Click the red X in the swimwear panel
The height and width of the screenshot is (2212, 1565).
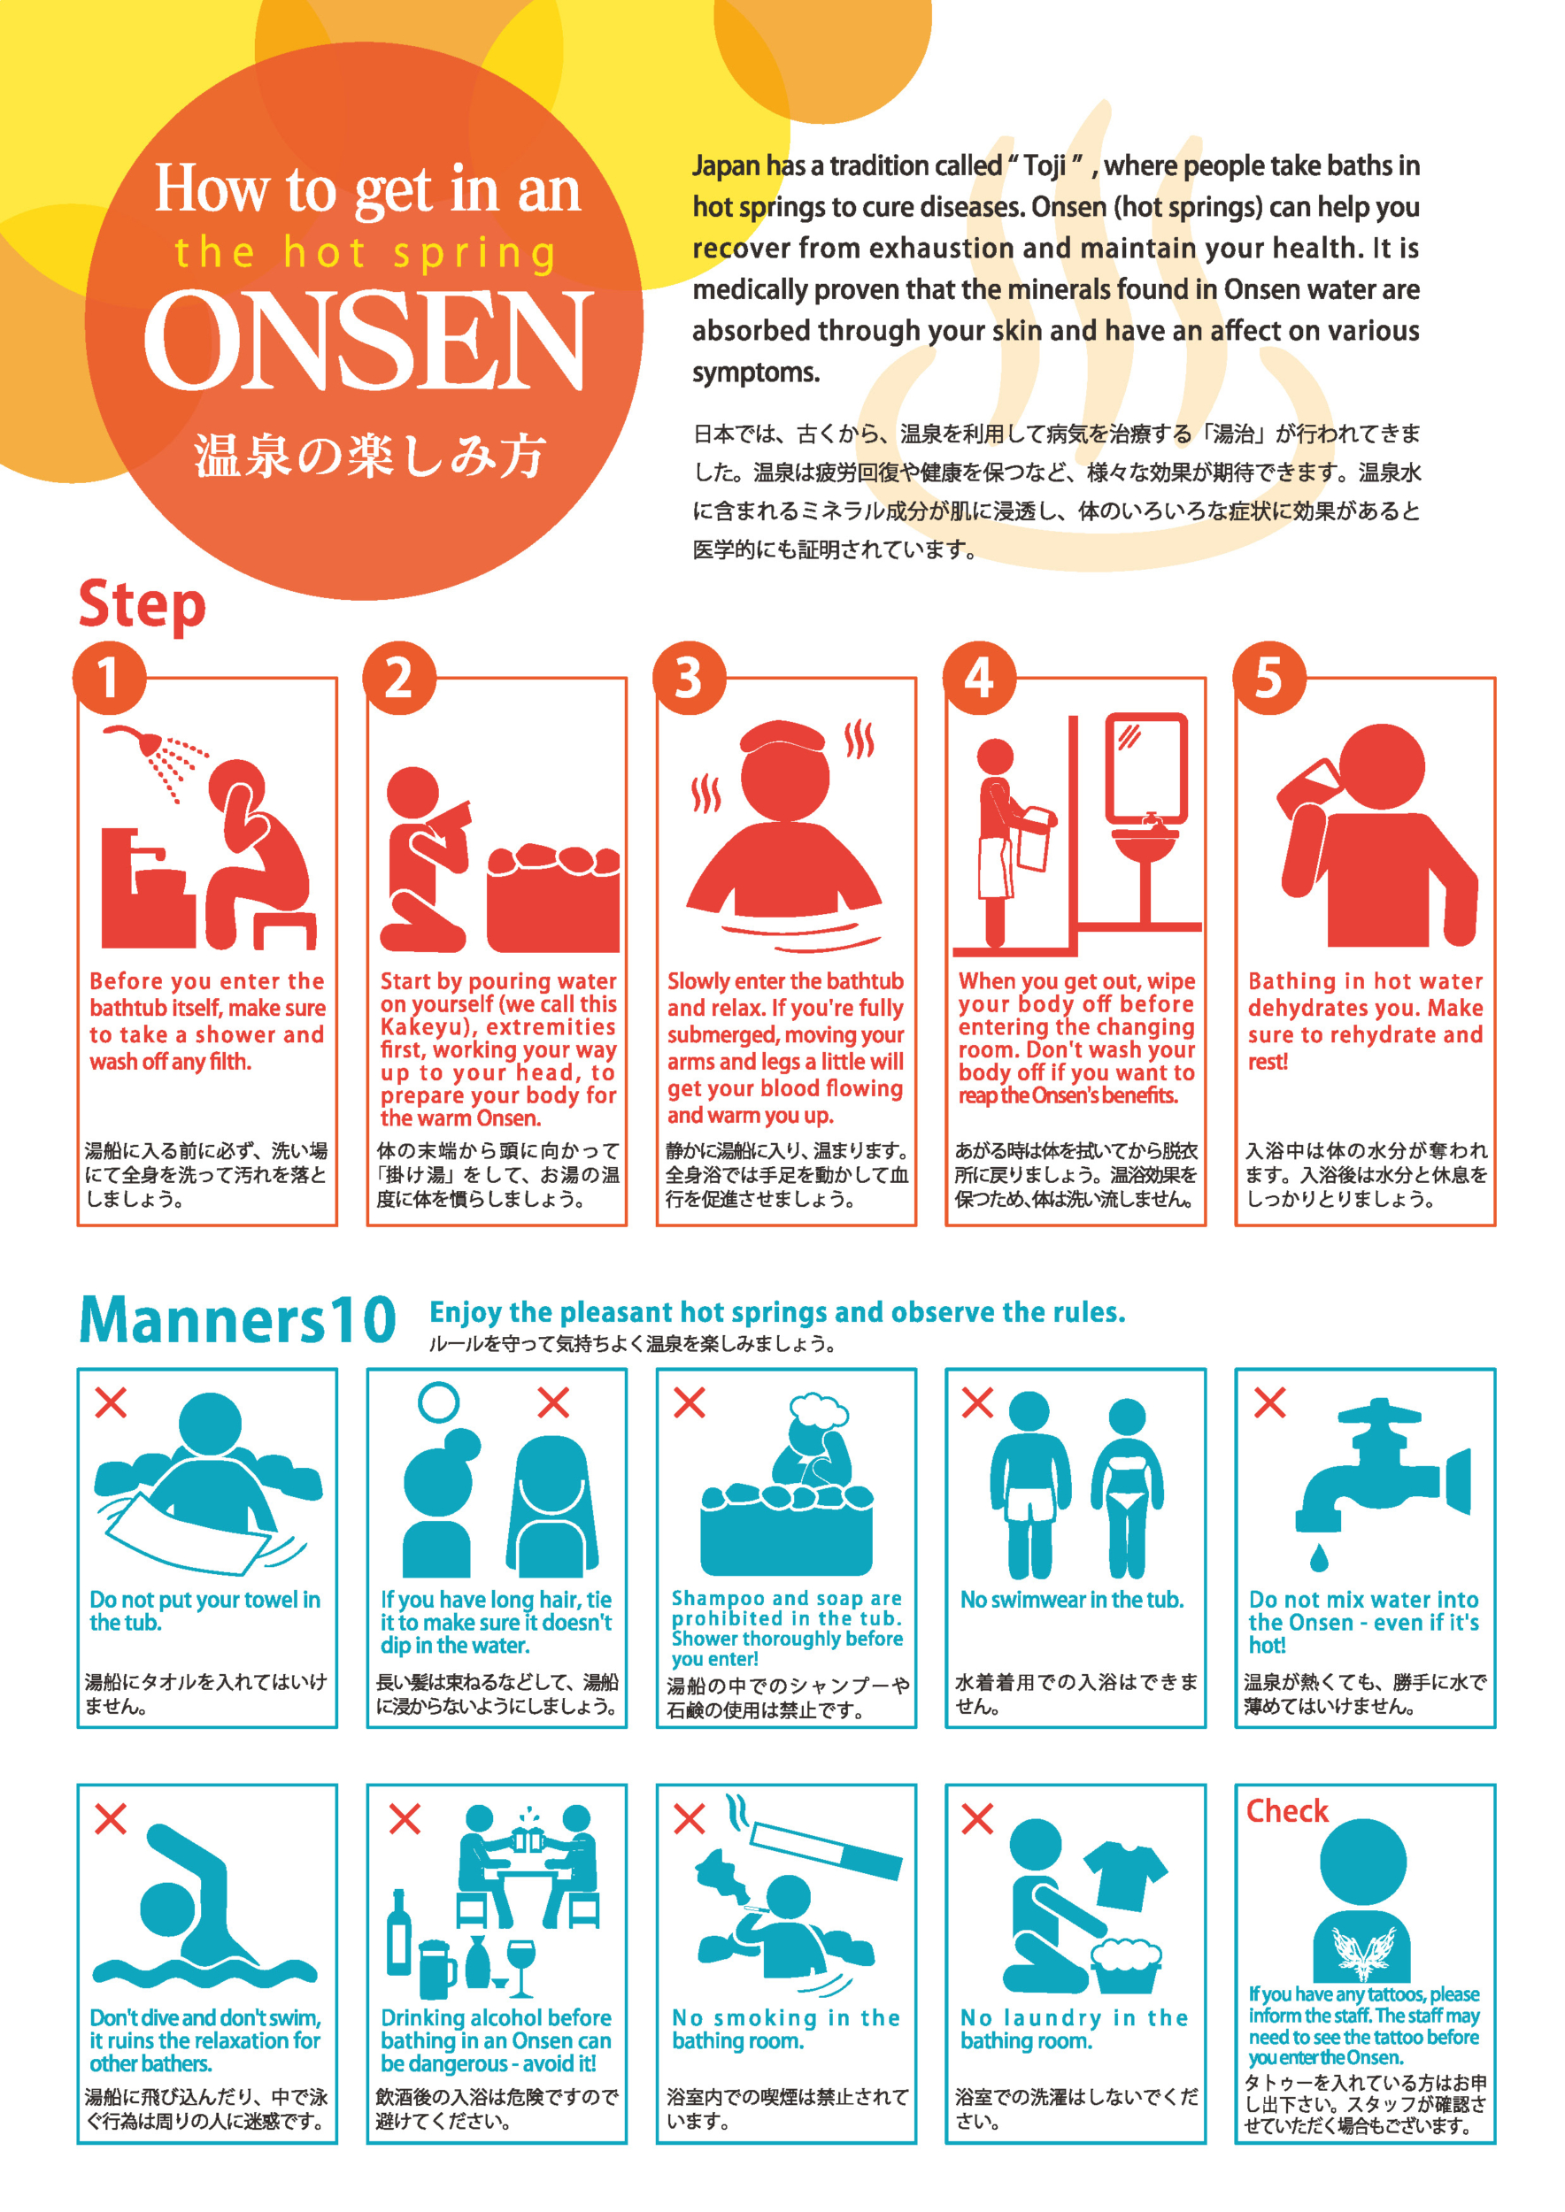coord(977,1402)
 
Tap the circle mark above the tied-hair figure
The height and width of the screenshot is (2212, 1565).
coord(438,1402)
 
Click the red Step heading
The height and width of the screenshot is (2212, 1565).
coord(142,606)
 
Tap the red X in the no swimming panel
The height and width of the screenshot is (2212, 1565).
coord(111,1819)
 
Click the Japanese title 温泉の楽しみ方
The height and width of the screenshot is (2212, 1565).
coord(370,456)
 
